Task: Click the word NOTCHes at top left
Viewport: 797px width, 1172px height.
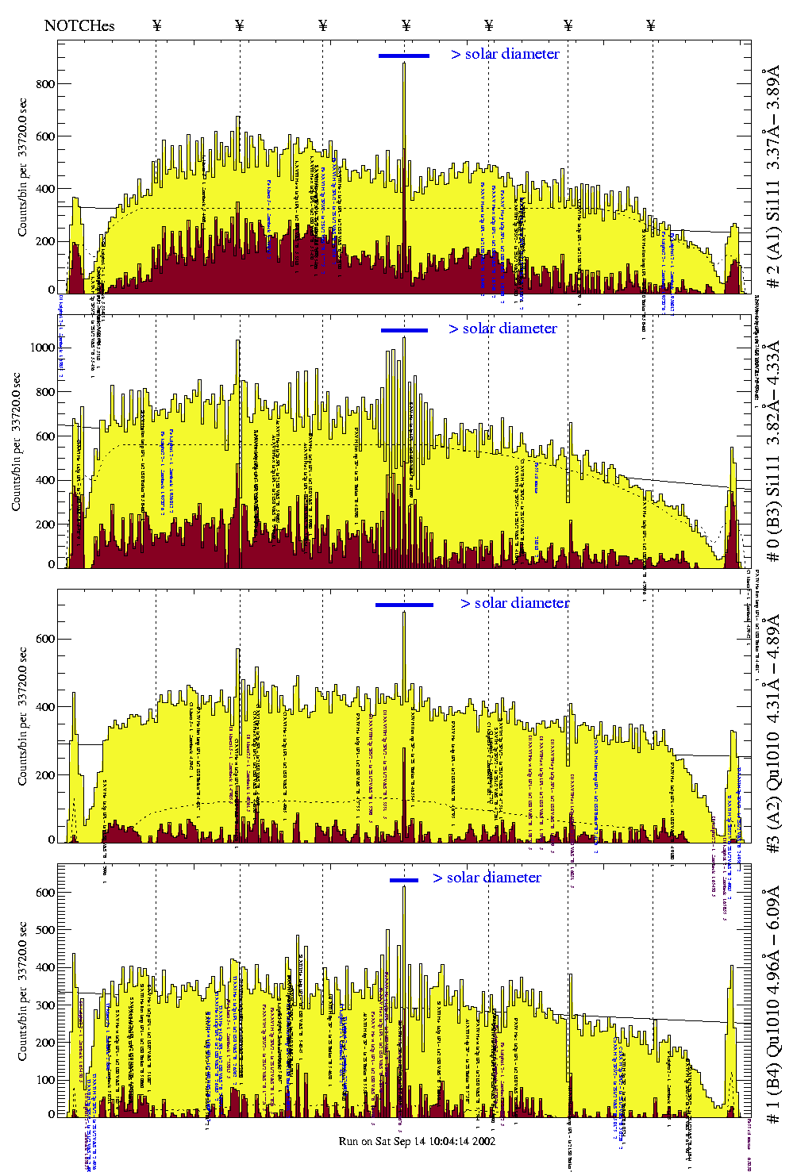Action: point(79,25)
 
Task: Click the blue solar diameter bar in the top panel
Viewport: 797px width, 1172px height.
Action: point(404,56)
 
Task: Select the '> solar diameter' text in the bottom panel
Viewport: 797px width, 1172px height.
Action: point(487,878)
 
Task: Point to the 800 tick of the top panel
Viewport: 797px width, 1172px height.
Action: point(45,84)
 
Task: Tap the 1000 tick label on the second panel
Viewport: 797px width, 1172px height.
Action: point(42,348)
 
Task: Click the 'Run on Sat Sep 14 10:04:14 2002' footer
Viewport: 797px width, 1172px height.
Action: point(417,1141)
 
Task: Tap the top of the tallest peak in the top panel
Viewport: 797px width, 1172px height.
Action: point(404,63)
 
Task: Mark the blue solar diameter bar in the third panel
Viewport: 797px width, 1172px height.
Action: point(404,605)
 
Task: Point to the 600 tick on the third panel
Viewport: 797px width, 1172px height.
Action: point(45,639)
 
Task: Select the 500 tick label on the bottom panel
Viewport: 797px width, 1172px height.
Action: point(44,930)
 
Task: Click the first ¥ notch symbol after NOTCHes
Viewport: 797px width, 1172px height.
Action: point(156,25)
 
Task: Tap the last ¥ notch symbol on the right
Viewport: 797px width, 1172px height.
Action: point(651,25)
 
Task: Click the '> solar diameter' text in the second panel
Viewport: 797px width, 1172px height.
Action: point(502,329)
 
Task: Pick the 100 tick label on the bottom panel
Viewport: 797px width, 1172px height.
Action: point(44,1080)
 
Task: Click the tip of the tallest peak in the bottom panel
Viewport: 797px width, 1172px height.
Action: point(404,886)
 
